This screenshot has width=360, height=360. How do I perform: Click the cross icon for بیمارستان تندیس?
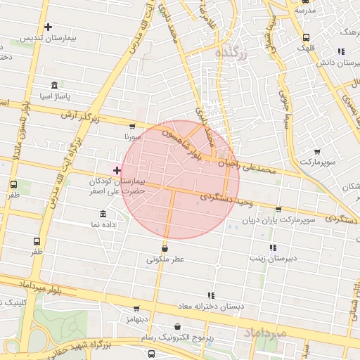[x=48, y=28]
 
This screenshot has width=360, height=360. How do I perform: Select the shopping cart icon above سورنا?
[x=129, y=126]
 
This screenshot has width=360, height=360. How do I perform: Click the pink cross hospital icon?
[x=117, y=170]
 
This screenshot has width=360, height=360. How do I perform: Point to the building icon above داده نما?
[x=103, y=214]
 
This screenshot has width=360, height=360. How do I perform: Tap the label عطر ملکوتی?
[x=165, y=259]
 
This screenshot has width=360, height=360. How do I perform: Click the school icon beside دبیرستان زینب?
[x=273, y=247]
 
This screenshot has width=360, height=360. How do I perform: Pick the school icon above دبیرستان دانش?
[x=341, y=51]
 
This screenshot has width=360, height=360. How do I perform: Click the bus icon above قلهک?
[x=305, y=38]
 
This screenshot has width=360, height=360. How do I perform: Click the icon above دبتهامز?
[x=137, y=308]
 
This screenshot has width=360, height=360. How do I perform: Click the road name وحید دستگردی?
[x=226, y=200]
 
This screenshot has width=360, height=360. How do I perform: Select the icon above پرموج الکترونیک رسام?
[x=176, y=326]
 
